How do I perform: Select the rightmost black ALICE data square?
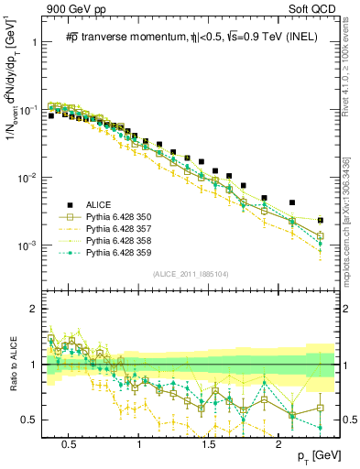pos(320,221)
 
